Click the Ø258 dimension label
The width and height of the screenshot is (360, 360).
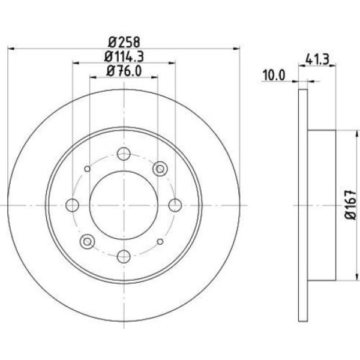pos(124,42)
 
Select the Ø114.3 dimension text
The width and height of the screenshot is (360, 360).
pos(124,56)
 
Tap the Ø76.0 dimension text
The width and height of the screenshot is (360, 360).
pos(124,71)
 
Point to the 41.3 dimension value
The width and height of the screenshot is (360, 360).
pos(317,59)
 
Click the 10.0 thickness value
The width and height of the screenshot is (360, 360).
pos(274,75)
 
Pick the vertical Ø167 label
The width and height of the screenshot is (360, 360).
pos(351,205)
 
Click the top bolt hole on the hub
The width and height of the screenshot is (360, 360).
pos(124,154)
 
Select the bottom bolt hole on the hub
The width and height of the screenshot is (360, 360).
pos(124,256)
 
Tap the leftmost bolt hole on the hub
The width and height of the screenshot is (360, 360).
pos(73,205)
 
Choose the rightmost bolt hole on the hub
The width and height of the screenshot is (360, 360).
pos(175,205)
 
